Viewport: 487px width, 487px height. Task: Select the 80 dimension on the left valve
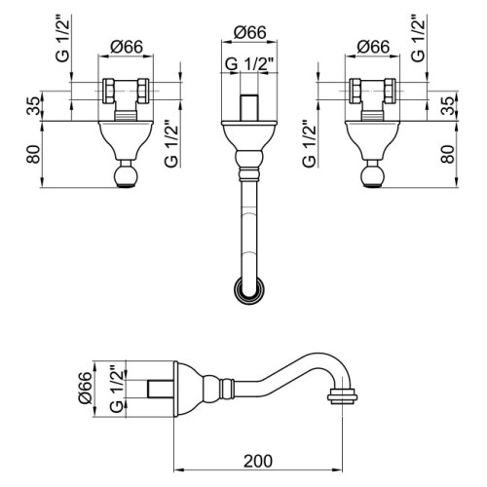coord(35,154)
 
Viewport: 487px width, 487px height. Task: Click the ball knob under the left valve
coord(127,175)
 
